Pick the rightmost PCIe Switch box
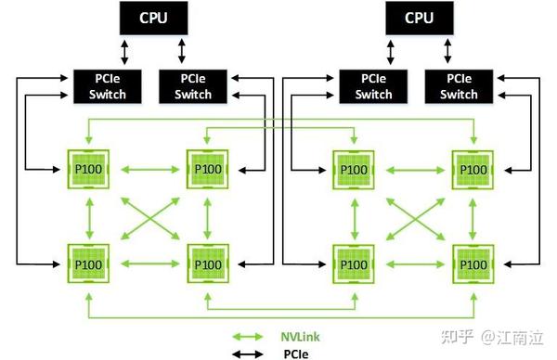coord(460,85)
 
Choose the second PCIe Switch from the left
coord(193,85)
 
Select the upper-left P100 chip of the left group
coord(89,169)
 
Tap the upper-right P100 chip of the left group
coord(207,169)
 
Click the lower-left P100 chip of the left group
coord(89,263)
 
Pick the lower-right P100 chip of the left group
coord(207,263)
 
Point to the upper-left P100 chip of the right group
coord(353,169)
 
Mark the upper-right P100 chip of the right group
coord(471,169)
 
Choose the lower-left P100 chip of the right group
coord(353,263)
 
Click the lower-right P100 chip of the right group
coord(471,263)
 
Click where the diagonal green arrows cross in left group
coord(149,217)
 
